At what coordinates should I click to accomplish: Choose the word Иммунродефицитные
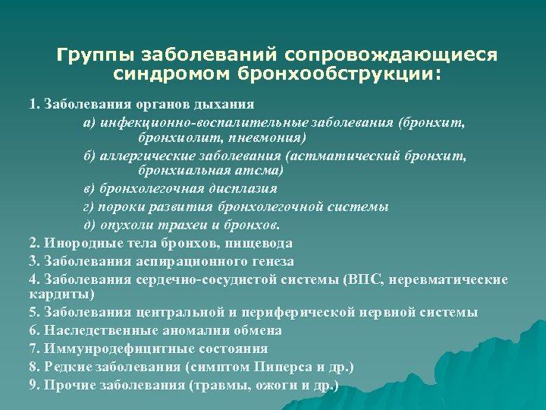[102, 348]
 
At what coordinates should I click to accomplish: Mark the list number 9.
[34, 384]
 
